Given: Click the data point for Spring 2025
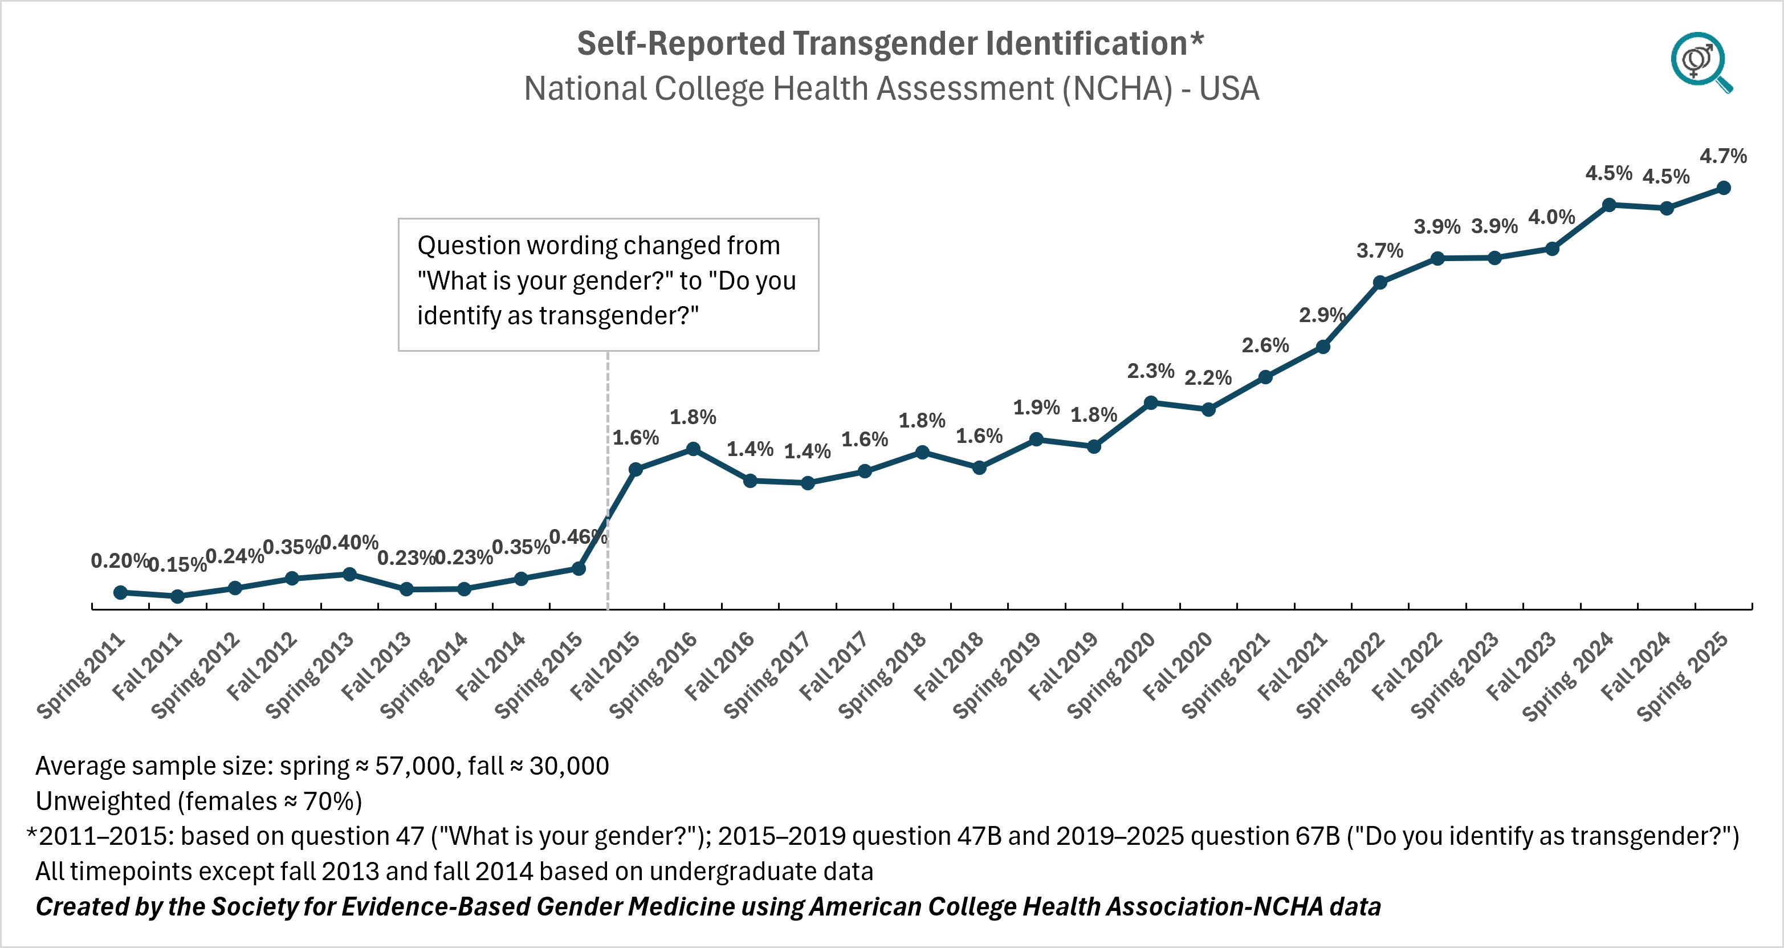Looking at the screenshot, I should pyautogui.click(x=1724, y=188).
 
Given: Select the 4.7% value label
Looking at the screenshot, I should pyautogui.click(x=1723, y=156).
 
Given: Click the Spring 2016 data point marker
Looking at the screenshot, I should pyautogui.click(x=693, y=449).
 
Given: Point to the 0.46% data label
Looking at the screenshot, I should pyautogui.click(x=577, y=536).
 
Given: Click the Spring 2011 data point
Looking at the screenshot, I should pyautogui.click(x=120, y=592).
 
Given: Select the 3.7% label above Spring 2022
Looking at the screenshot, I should pyautogui.click(x=1379, y=250).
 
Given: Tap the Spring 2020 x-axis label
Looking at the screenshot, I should pyautogui.click(x=1111, y=674).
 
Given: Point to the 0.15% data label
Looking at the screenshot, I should pyautogui.click(x=177, y=564).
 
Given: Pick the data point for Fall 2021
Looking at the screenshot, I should pyautogui.click(x=1323, y=346).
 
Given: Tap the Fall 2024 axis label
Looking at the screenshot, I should pyautogui.click(x=1637, y=665).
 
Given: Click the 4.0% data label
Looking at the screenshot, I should pyautogui.click(x=1552, y=217).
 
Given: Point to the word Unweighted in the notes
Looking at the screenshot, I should pyautogui.click(x=103, y=801).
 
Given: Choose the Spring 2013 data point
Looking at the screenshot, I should pyautogui.click(x=350, y=574).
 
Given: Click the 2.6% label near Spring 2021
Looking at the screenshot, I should pyautogui.click(x=1265, y=345).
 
